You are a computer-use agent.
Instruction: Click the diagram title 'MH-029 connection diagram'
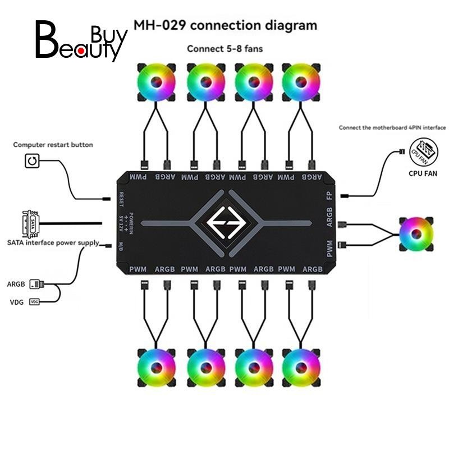click(x=226, y=25)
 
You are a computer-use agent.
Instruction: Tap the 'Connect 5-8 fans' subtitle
click(x=225, y=49)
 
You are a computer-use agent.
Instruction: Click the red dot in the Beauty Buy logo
click(x=81, y=51)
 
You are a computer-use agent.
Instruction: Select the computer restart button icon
click(x=32, y=161)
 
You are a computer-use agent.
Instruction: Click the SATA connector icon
click(x=30, y=224)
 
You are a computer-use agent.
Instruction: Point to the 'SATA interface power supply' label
click(x=53, y=243)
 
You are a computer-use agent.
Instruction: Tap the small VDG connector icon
click(x=34, y=302)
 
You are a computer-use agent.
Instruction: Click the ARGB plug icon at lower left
click(x=36, y=284)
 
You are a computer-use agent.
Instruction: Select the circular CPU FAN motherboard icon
click(x=424, y=153)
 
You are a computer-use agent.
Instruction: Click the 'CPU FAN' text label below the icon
click(x=423, y=173)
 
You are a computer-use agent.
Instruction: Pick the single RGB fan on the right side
click(x=416, y=234)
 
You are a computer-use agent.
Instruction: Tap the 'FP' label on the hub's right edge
click(x=329, y=196)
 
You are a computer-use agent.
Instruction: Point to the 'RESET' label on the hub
click(x=121, y=200)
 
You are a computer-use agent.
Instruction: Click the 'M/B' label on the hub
click(x=121, y=246)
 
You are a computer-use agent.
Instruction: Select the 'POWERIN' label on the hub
click(x=131, y=223)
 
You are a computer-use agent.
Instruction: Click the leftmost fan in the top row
click(x=157, y=83)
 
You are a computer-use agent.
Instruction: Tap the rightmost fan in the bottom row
click(x=301, y=368)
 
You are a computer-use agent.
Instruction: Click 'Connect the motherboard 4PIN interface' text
click(x=392, y=128)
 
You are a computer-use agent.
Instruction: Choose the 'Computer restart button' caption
click(x=53, y=145)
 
